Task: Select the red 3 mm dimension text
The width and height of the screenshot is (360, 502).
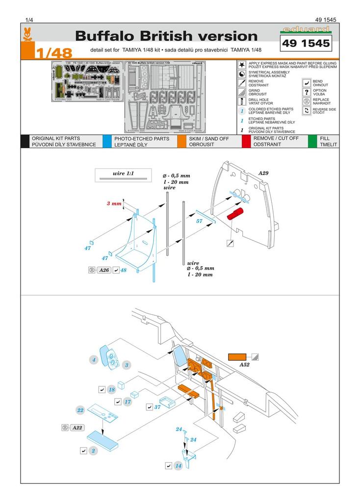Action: (x=114, y=203)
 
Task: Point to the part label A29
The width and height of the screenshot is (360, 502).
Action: (x=263, y=173)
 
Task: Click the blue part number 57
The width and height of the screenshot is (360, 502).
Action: (x=199, y=221)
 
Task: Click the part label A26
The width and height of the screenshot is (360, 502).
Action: (x=103, y=270)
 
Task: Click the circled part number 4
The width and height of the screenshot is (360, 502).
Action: (x=94, y=360)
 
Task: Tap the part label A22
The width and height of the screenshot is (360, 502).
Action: (x=77, y=427)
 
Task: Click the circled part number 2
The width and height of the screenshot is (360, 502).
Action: (x=93, y=450)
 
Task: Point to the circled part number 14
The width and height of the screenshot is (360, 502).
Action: (x=178, y=465)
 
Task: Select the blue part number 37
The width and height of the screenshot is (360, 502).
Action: (x=158, y=407)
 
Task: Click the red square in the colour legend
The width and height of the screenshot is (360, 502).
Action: (x=246, y=141)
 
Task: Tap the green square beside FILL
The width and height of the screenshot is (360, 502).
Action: (x=312, y=141)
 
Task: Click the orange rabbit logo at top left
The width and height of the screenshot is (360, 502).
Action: (x=27, y=34)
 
